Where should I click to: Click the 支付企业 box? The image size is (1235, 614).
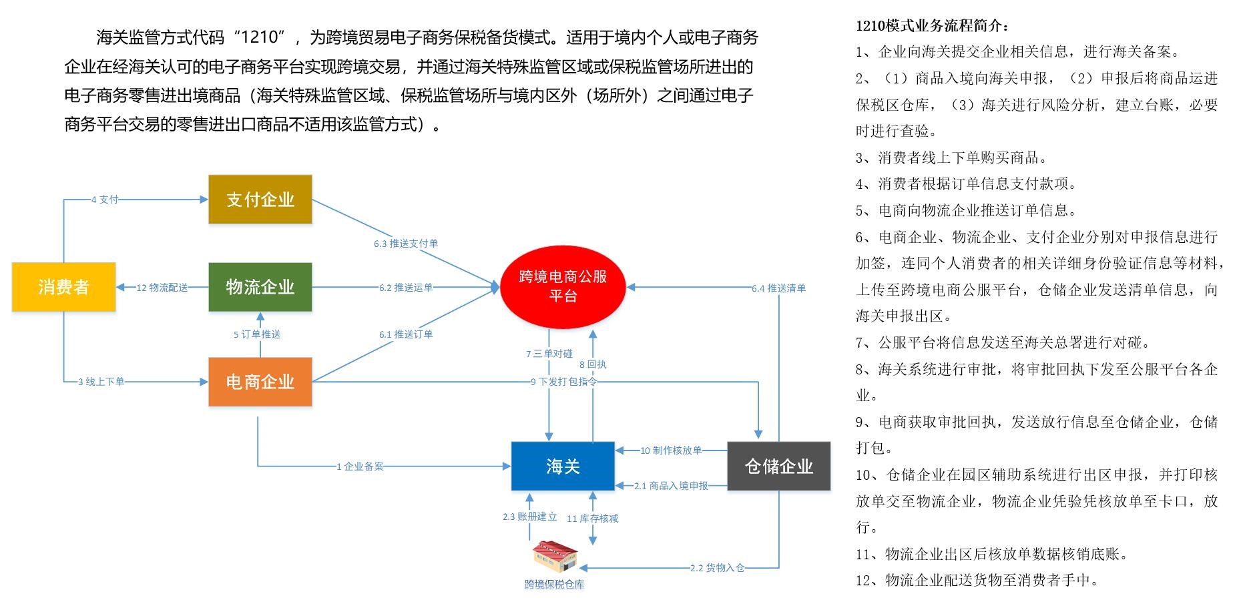(260, 200)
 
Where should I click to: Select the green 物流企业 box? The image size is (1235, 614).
(260, 287)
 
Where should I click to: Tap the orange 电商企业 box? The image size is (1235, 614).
(260, 382)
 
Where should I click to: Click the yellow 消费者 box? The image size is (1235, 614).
(63, 287)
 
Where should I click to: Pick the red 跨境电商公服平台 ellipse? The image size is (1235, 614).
(563, 286)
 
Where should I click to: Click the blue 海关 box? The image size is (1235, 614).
(563, 466)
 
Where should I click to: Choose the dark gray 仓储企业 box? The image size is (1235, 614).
(778, 466)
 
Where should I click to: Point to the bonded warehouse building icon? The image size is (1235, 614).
(555, 557)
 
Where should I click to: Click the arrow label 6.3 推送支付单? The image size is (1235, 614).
(406, 244)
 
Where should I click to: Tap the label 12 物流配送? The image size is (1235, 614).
(162, 288)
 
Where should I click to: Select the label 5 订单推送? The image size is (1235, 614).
(257, 334)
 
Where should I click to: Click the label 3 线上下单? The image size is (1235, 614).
(101, 382)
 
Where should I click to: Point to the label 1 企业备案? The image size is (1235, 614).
(360, 467)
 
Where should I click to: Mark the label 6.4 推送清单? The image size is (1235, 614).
(778, 288)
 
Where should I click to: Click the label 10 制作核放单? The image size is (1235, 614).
(671, 450)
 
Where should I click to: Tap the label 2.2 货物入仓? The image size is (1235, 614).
(717, 568)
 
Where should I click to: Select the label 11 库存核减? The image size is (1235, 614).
(592, 519)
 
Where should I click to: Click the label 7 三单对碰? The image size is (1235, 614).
(549, 354)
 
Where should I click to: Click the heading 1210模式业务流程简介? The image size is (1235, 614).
(933, 26)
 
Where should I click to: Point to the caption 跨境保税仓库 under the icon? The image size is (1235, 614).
(554, 585)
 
